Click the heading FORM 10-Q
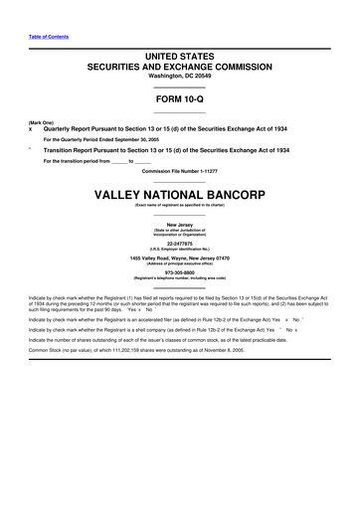point(180,100)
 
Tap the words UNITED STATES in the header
point(180,60)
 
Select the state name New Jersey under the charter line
point(180,223)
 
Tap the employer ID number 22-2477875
point(180,241)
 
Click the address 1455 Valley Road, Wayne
point(180,258)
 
